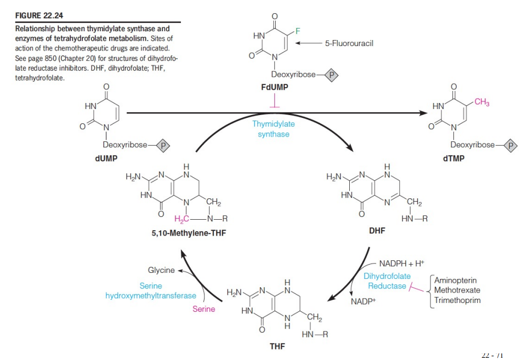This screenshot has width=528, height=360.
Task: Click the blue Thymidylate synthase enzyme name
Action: coord(274,129)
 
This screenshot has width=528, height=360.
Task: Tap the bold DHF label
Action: coord(377,231)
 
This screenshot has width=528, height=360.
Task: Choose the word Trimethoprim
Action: coord(455,300)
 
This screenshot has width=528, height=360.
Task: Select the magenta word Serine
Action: coord(204,309)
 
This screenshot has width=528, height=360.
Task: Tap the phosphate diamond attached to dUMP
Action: coord(162,145)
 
